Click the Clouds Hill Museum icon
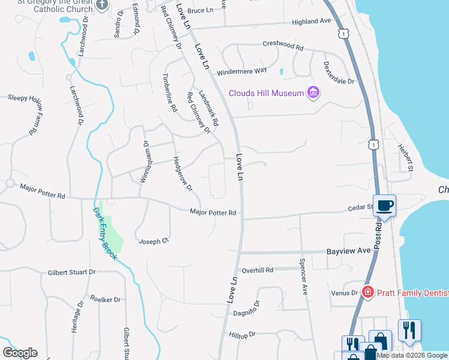(x=313, y=92)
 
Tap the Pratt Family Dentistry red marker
(x=368, y=292)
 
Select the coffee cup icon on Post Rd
(x=385, y=206)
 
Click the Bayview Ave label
(x=349, y=251)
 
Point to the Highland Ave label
(x=312, y=21)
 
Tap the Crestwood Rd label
(x=283, y=45)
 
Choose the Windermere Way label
(x=242, y=70)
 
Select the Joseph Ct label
(x=154, y=241)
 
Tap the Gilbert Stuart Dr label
(x=71, y=272)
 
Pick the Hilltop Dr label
(x=242, y=334)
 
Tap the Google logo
(x=20, y=352)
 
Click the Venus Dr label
(x=344, y=293)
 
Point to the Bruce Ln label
(x=200, y=11)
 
